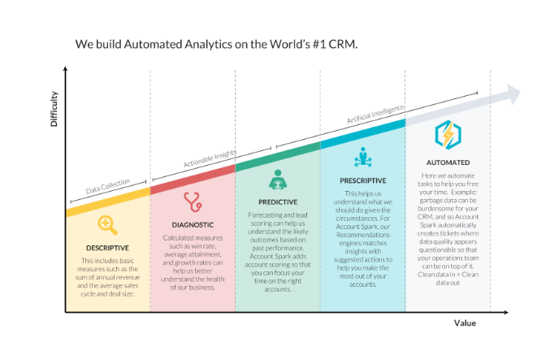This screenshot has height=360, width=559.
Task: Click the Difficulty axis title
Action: [54, 109]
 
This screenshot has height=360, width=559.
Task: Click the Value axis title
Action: [465, 323]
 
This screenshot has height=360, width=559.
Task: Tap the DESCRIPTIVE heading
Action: [107, 248]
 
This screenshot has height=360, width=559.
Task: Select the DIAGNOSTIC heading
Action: [193, 225]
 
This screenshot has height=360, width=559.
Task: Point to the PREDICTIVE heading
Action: [278, 202]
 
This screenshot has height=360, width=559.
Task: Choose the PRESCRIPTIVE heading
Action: [363, 180]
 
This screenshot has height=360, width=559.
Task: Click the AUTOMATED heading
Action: [448, 163]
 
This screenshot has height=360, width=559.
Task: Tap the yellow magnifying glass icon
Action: [107, 225]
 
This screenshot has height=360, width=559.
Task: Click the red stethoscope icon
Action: [193, 202]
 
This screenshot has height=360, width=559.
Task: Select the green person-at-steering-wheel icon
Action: [278, 180]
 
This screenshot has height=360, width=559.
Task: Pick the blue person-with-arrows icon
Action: [363, 157]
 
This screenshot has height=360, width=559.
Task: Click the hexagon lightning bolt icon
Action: [448, 135]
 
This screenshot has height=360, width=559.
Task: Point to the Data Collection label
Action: [108, 186]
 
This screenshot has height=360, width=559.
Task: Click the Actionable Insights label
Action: [210, 158]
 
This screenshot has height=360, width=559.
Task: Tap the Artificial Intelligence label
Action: [375, 114]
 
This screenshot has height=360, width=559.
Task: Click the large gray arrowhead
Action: [513, 94]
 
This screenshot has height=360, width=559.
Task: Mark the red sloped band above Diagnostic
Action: [193, 180]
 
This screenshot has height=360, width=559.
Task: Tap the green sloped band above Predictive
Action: [278, 157]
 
